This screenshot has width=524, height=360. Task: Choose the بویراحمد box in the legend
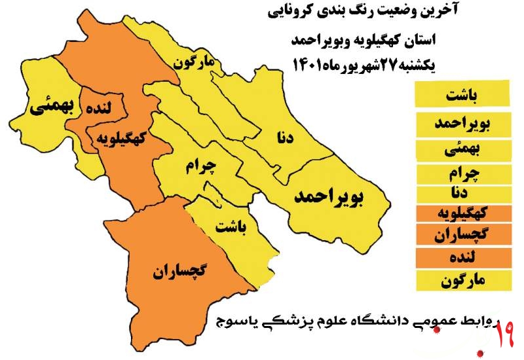coord(462,122)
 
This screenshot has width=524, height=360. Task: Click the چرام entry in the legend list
coord(462,173)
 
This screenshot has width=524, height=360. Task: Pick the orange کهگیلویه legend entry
coord(462,213)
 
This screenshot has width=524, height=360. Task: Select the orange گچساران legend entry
coord(462,234)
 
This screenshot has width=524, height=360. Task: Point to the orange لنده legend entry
coord(462,257)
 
